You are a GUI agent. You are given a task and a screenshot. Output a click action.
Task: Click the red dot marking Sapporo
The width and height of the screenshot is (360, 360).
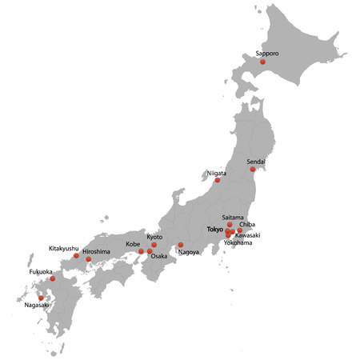pos(262,61)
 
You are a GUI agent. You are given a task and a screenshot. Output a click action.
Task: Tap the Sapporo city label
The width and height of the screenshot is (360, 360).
pos(268,54)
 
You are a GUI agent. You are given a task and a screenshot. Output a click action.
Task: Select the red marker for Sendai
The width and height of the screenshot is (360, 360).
pos(253,169)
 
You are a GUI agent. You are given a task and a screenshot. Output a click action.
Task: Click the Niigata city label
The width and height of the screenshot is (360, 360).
pos(217,173)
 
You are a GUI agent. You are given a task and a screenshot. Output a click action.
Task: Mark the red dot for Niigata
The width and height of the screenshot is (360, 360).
pos(217,180)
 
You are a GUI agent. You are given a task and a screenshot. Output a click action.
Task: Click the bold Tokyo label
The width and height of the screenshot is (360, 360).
pos(215,230)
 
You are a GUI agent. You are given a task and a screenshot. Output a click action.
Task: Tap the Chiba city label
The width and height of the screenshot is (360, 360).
pos(247,226)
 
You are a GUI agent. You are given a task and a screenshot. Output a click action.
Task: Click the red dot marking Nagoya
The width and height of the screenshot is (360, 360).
pos(181,245)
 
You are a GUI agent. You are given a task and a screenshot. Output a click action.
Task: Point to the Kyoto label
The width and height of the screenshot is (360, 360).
pos(154,237)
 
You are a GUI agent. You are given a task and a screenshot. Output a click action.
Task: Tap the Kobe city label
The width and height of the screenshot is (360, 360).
pos(133,244)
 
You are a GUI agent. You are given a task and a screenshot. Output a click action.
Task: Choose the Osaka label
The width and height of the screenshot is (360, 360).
pos(159,256)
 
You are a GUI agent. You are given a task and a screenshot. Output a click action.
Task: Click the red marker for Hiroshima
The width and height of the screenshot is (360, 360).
pos(89,259)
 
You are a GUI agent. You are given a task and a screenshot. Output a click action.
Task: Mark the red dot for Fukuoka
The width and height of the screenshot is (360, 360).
pos(53,278)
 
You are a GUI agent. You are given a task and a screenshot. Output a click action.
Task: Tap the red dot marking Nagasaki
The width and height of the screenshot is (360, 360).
pos(42,298)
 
